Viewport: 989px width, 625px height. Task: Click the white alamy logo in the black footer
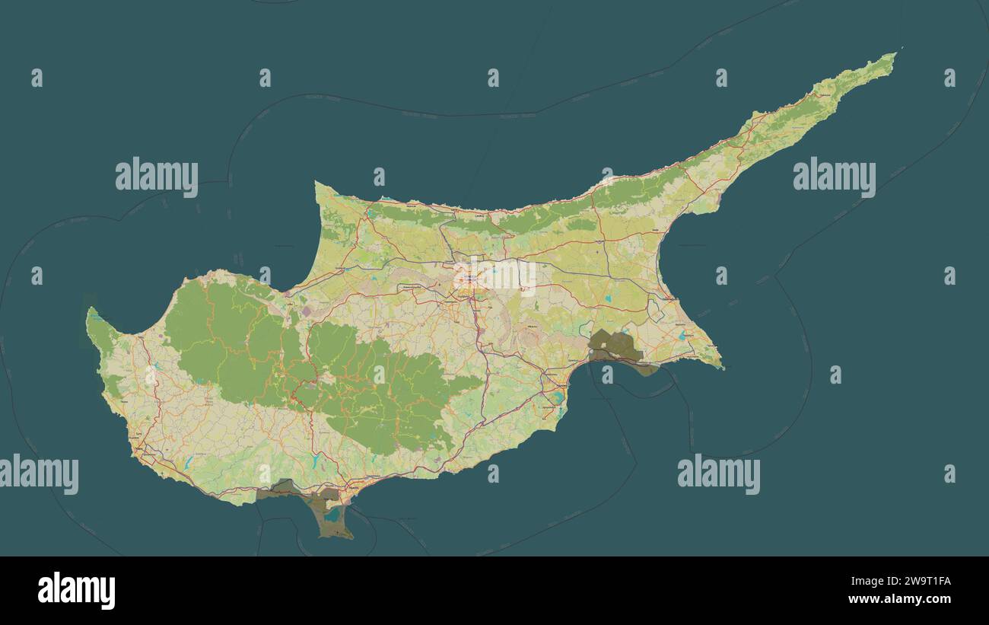pyautogui.click(x=76, y=591)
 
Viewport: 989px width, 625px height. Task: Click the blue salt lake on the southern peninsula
pyautogui.click(x=332, y=515)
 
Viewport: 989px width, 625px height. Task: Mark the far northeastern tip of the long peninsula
pyautogui.click(x=896, y=53)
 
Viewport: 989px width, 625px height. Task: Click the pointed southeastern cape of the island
pyautogui.click(x=722, y=368)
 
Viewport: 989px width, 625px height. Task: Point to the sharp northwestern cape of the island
pyautogui.click(x=316, y=183)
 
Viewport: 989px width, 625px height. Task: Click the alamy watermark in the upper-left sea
pyautogui.click(x=157, y=177)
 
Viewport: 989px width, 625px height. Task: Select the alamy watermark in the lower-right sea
pyautogui.click(x=718, y=474)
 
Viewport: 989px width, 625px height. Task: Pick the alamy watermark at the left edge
pyautogui.click(x=39, y=474)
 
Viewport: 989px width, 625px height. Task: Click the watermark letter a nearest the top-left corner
pyautogui.click(x=37, y=78)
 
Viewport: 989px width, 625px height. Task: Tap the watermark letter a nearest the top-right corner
pyautogui.click(x=949, y=78)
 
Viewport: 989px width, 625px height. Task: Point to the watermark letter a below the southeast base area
pyautogui.click(x=607, y=375)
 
